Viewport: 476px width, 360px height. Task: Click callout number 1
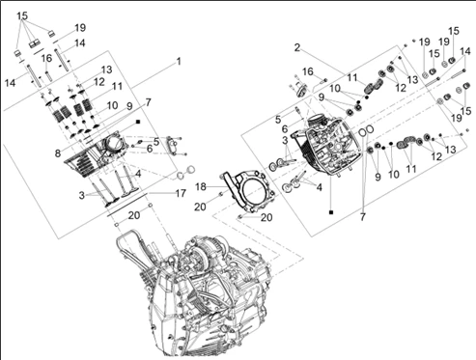(x=179, y=61)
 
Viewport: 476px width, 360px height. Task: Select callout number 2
(x=297, y=47)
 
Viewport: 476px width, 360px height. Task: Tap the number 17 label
(x=181, y=193)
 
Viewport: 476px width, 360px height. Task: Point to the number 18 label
(x=201, y=186)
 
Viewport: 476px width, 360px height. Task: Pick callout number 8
(x=58, y=153)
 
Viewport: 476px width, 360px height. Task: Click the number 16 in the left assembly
(x=46, y=58)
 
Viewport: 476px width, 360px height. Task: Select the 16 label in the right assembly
(x=308, y=71)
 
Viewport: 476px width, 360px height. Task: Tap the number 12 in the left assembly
(x=99, y=82)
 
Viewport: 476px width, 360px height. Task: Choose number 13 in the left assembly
(x=106, y=69)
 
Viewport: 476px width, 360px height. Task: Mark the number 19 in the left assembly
(x=80, y=28)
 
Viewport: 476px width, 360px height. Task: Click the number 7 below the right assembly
(x=363, y=217)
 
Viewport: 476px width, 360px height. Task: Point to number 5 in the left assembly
(x=156, y=142)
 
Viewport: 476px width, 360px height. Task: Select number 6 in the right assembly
(x=285, y=129)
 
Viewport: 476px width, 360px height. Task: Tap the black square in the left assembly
(x=138, y=122)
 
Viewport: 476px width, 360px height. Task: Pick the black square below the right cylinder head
(x=331, y=212)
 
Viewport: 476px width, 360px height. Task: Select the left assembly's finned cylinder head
(x=95, y=153)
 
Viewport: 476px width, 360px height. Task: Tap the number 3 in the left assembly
(x=82, y=195)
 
